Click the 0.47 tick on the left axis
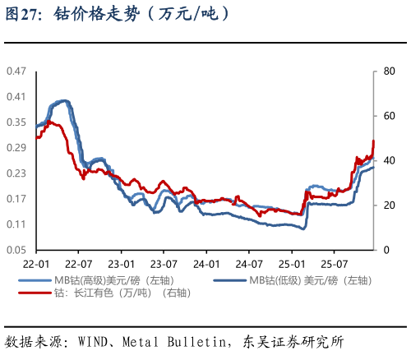pos(16,71)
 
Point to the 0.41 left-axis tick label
pos(16,96)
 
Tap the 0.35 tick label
pos(16,122)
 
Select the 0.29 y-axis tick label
pos(16,147)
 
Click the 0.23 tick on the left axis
pos(16,173)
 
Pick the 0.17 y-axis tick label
pos(16,198)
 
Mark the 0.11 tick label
pos(16,224)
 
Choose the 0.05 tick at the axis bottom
pos(16,249)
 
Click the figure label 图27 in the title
pos(19,15)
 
